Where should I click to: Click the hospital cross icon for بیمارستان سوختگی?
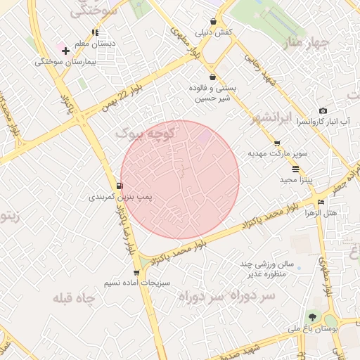[x=65, y=51]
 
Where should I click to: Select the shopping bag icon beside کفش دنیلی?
[x=213, y=22]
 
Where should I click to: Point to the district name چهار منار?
[x=310, y=44]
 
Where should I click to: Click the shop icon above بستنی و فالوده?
[x=212, y=77]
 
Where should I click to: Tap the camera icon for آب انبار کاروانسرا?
[x=323, y=110]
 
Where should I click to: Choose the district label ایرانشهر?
[x=280, y=117]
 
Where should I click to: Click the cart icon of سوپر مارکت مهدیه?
[x=277, y=143]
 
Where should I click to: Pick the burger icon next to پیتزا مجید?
[x=295, y=169]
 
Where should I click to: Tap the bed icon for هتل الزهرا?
[x=321, y=202]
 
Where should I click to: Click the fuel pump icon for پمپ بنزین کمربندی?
[x=120, y=186]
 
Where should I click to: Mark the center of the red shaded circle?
[x=180, y=179]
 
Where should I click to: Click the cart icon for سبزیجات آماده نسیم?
[x=136, y=273]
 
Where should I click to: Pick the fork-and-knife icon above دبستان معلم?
[x=95, y=32]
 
